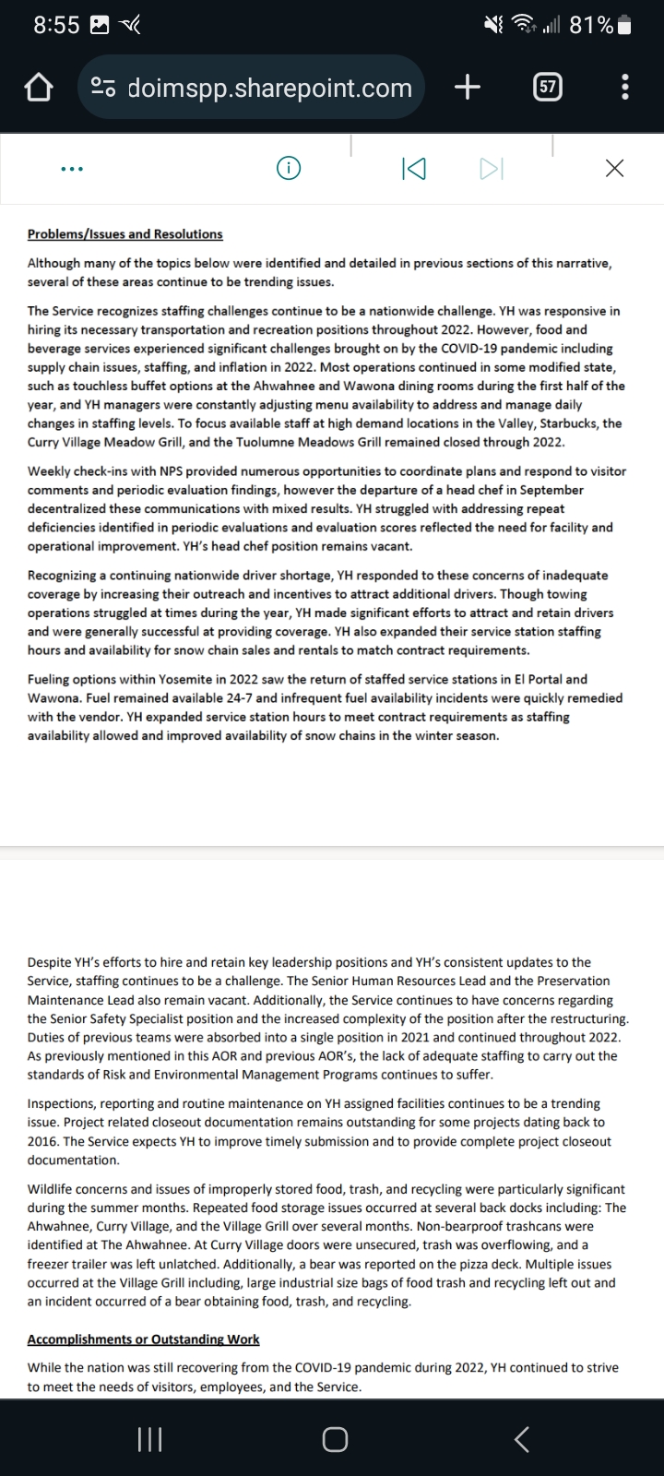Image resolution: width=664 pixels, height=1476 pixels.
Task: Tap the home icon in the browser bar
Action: (37, 88)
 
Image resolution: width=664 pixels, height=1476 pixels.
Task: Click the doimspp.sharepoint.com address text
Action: (269, 88)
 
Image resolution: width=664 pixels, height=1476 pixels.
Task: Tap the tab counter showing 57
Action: (547, 88)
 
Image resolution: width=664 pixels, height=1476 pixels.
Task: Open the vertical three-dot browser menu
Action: (625, 88)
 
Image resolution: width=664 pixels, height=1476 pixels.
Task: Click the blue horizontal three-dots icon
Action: (71, 169)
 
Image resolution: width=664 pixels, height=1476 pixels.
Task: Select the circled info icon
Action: (289, 168)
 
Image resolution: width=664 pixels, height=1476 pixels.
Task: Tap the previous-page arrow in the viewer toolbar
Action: (414, 168)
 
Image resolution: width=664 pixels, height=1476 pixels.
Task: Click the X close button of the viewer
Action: (614, 168)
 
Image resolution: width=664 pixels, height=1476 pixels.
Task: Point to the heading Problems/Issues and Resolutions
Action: (125, 234)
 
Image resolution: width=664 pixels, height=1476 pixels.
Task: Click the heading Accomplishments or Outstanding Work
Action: (143, 1339)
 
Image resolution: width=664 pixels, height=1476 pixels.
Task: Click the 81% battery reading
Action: (592, 25)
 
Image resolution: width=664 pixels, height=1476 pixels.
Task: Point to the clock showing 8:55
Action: (56, 25)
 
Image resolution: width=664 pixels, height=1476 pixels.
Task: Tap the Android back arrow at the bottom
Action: (521, 1438)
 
